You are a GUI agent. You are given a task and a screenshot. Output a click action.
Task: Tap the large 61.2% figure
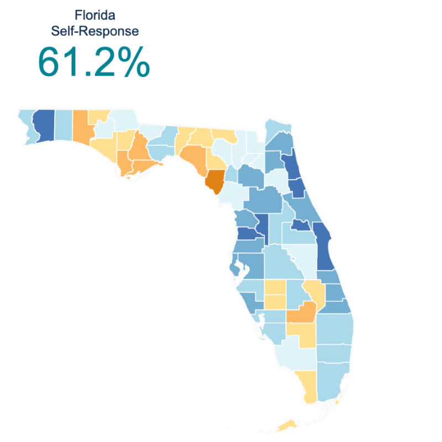[93, 63]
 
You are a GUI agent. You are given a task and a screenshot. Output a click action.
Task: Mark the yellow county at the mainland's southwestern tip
[308, 387]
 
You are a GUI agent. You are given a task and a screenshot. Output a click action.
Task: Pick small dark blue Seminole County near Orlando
[301, 225]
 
